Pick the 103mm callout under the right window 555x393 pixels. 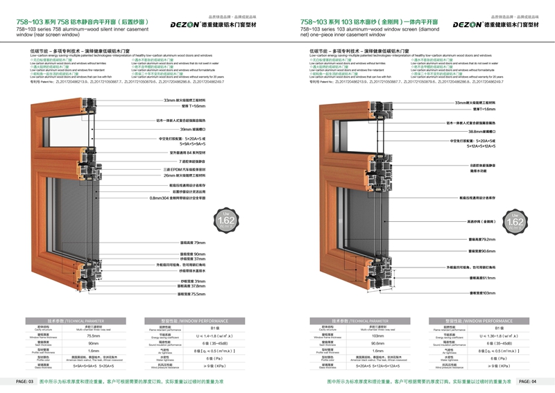click(476, 294)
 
